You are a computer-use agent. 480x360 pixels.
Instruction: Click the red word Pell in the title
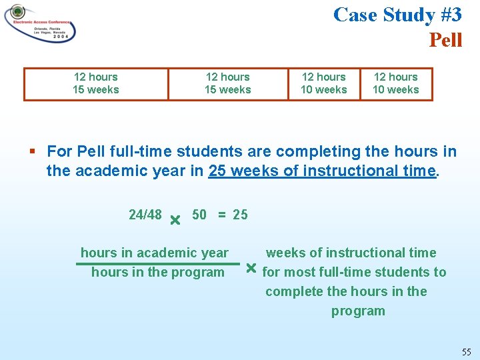pyautogui.click(x=445, y=40)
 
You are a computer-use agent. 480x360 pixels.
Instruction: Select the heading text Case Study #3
pyautogui.click(x=397, y=14)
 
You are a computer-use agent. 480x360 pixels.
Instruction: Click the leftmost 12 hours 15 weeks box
pyautogui.click(x=96, y=84)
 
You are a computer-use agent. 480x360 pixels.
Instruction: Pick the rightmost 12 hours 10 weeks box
pyautogui.click(x=396, y=84)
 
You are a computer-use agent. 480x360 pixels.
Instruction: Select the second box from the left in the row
pyautogui.click(x=228, y=84)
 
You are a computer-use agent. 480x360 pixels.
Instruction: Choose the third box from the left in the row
pyautogui.click(x=324, y=84)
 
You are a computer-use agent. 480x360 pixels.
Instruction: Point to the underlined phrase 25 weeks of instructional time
pyautogui.click(x=322, y=171)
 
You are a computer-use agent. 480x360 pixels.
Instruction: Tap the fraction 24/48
pyautogui.click(x=145, y=214)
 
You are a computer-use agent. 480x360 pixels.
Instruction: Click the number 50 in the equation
pyautogui.click(x=199, y=214)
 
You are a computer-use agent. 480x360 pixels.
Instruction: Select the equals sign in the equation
pyautogui.click(x=221, y=214)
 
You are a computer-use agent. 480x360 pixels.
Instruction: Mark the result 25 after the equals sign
pyautogui.click(x=240, y=214)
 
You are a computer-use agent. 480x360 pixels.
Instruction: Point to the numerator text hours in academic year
pyautogui.click(x=155, y=253)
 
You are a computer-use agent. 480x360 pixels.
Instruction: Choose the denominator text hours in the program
pyautogui.click(x=158, y=272)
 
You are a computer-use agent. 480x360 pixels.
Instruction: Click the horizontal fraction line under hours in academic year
pyautogui.click(x=157, y=263)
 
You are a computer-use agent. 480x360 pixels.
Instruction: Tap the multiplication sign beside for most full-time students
pyautogui.click(x=251, y=269)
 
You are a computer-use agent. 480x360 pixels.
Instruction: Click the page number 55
pyautogui.click(x=467, y=351)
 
